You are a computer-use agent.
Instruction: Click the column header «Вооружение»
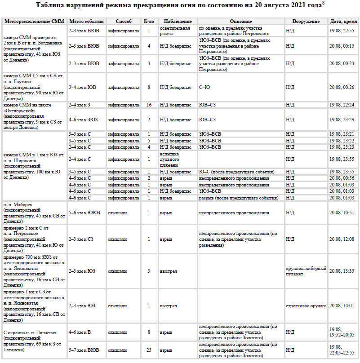pyautogui.click(x=306, y=22)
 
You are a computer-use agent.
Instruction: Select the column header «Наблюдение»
pyautogui.click(x=178, y=22)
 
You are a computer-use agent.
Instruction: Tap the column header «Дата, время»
pyautogui.click(x=343, y=22)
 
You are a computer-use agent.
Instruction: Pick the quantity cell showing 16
pyautogui.click(x=149, y=105)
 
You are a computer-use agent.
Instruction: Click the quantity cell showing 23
pyautogui.click(x=149, y=350)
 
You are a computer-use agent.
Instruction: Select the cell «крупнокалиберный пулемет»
pyautogui.click(x=306, y=271)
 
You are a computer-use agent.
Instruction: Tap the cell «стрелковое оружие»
pyautogui.click(x=306, y=306)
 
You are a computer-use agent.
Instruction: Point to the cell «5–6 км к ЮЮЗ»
pyautogui.click(x=84, y=212)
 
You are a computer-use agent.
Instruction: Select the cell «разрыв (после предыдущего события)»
pyautogui.click(x=239, y=198)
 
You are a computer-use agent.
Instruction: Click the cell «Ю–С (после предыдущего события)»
pyautogui.click(x=236, y=172)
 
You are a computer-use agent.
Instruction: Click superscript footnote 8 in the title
pyautogui.click(x=324, y=4)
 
